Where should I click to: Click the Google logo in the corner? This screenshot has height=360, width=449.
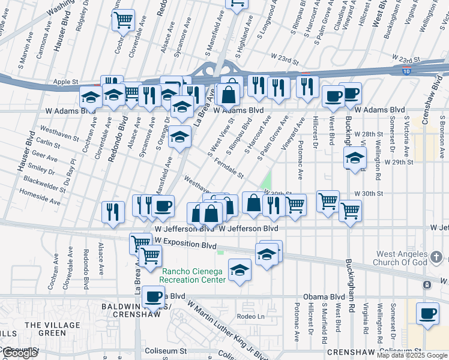20,353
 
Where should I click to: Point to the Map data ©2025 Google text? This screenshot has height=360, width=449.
412,356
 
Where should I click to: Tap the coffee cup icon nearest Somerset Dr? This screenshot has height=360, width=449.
427,314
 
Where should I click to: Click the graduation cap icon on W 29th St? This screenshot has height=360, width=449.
355,158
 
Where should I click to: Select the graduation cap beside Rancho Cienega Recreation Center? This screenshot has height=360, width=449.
240,270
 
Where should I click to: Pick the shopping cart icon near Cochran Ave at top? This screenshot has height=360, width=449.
123,20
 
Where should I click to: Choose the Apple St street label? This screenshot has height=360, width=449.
67,81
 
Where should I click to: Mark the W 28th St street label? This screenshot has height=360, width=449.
368,133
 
